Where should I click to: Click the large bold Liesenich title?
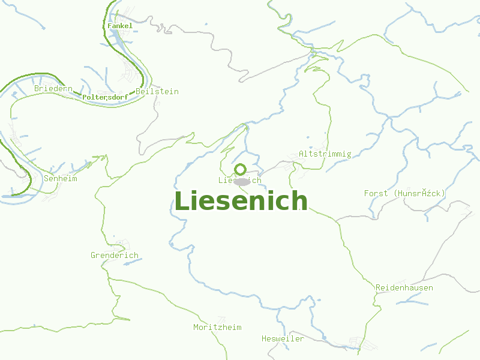tap(241, 202)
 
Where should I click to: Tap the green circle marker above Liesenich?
tap(240, 169)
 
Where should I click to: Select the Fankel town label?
tap(120, 26)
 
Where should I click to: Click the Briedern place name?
tap(53, 89)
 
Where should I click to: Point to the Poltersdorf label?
tap(105, 97)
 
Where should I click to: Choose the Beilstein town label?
tap(157, 91)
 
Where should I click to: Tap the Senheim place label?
tap(61, 178)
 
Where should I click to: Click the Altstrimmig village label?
tap(325, 154)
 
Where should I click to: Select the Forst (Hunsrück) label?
tap(404, 193)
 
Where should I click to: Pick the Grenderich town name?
tap(115, 255)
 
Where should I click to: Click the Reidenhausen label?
tap(404, 288)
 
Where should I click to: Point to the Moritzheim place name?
tap(217, 327)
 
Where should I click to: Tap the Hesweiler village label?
tap(283, 338)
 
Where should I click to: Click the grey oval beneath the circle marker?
tap(242, 181)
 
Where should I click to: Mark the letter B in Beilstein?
tap(139, 91)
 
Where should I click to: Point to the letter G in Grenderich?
tap(94, 255)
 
